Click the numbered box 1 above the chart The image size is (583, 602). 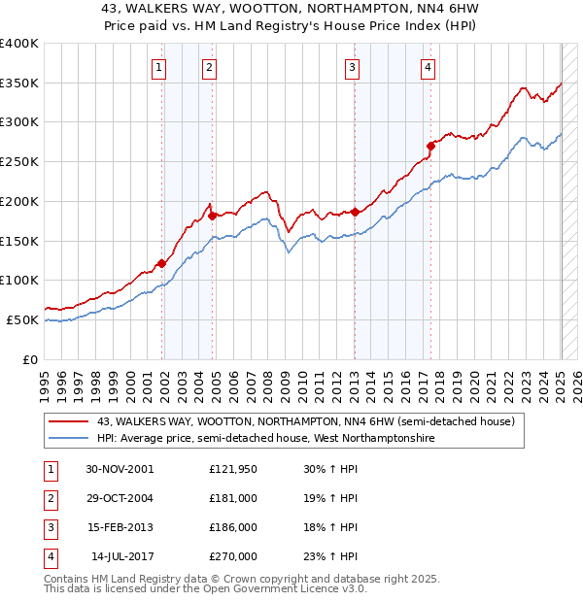(158, 67)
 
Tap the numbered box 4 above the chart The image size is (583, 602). (428, 67)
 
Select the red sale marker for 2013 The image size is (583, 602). (356, 212)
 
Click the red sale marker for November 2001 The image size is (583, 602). (162, 263)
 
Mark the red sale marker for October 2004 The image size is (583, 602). (212, 216)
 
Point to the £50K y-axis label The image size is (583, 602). (22, 319)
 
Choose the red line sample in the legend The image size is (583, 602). (68, 421)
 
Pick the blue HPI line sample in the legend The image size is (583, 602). (68, 439)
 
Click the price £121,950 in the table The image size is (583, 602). (232, 469)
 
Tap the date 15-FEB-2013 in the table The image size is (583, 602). (120, 529)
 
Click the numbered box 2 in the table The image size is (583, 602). (49, 499)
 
